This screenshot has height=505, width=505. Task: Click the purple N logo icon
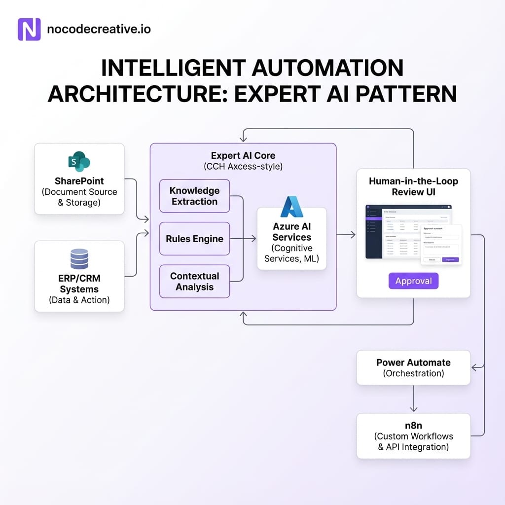[29, 30]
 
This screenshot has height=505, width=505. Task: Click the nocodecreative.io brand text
[99, 29]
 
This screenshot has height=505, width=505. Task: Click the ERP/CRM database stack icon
[79, 259]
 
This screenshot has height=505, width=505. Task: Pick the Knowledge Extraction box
[194, 196]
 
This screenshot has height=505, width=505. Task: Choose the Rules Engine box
[194, 239]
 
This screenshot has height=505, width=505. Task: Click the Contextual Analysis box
[194, 281]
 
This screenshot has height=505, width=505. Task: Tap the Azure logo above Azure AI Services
[292, 207]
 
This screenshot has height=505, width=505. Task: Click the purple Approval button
[413, 281]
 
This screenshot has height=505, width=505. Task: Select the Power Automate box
[413, 367]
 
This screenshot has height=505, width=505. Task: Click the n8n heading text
[413, 425]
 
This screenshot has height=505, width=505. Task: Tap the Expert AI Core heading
[243, 155]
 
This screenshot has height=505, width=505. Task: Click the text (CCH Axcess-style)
[243, 166]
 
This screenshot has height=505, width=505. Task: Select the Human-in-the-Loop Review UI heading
[413, 186]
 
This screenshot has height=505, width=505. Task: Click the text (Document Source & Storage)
[79, 197]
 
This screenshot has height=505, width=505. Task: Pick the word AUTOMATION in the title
[325, 68]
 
